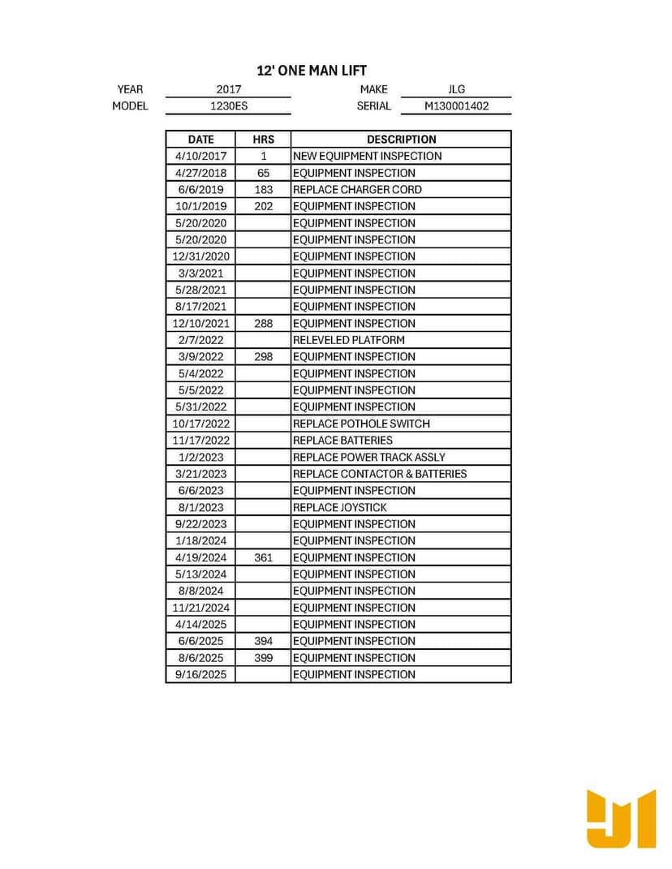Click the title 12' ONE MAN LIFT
pyautogui.click(x=312, y=71)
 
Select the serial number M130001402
pyautogui.click(x=456, y=105)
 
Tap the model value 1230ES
pyautogui.click(x=229, y=105)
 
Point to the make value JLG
pyautogui.click(x=456, y=89)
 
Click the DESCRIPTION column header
pyautogui.click(x=401, y=140)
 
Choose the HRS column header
pyautogui.click(x=263, y=140)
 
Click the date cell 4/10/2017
pyautogui.click(x=200, y=156)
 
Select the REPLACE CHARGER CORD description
pyautogui.click(x=357, y=189)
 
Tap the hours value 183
pyautogui.click(x=263, y=189)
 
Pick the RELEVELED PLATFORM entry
pyautogui.click(x=348, y=340)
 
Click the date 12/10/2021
pyautogui.click(x=200, y=323)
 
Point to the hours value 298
pyautogui.click(x=263, y=356)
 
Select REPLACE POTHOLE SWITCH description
pyautogui.click(x=361, y=424)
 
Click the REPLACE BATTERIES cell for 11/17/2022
pyautogui.click(x=342, y=440)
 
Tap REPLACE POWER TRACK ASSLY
pyautogui.click(x=368, y=457)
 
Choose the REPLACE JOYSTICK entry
pyautogui.click(x=339, y=507)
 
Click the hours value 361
pyautogui.click(x=263, y=557)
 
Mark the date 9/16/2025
pyautogui.click(x=200, y=674)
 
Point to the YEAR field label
pyautogui.click(x=130, y=89)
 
